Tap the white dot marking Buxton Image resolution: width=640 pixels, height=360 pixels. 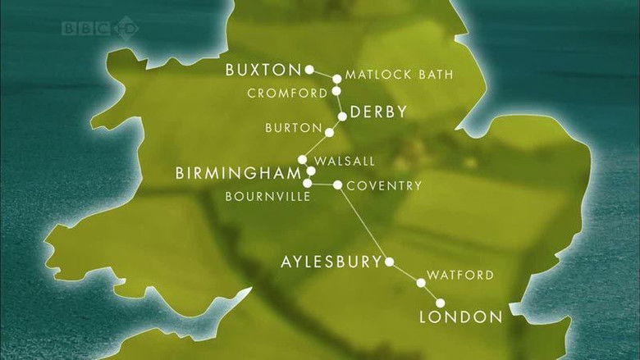point(309,70)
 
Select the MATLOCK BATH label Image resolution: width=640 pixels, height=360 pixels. point(399,75)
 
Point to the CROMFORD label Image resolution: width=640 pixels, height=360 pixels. point(288,93)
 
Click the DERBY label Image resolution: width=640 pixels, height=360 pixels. point(378,112)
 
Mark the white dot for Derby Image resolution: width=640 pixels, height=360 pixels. point(342,116)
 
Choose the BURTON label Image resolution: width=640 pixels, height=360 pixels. point(292,128)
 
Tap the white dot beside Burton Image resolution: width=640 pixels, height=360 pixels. point(329,132)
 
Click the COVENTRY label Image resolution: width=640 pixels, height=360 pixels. point(384,185)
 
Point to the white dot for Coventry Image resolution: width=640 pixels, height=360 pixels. point(337,185)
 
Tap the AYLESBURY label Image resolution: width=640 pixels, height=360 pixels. point(331,262)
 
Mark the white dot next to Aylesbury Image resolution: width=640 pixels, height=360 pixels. point(390,262)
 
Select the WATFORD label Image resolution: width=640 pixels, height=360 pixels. point(460,275)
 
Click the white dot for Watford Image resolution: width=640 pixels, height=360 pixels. point(421,283)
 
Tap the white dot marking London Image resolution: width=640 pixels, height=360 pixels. point(441,304)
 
